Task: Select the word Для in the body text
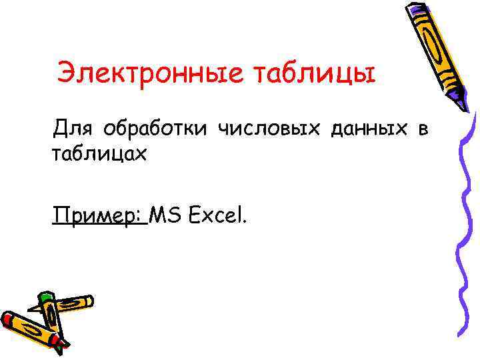[x=69, y=127]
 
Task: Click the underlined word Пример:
[x=100, y=215]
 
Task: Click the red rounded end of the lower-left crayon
[x=5, y=319]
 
